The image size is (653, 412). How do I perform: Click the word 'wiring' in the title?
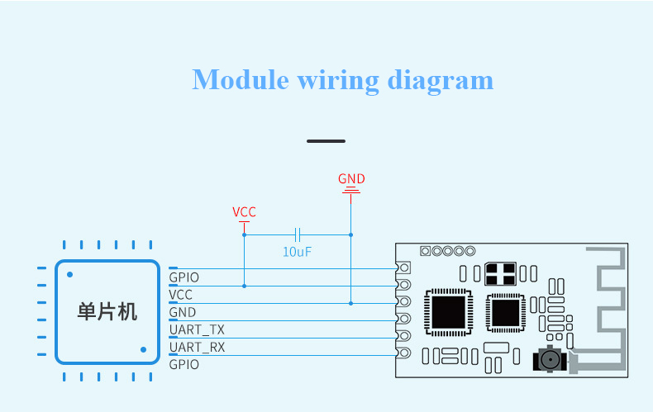338,81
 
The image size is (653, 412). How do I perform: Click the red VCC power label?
244,212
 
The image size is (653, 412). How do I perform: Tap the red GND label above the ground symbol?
351,178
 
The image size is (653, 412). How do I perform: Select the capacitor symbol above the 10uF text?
298,234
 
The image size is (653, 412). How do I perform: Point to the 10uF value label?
297,252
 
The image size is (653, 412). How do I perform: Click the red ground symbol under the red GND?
351,190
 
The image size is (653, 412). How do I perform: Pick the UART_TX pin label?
197,329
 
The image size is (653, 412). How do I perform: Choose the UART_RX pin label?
197,347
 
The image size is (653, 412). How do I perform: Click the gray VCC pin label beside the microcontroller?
181,295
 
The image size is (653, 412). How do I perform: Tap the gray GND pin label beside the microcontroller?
183,312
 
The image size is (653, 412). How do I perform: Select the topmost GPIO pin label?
184,277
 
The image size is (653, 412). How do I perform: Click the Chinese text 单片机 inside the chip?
107,312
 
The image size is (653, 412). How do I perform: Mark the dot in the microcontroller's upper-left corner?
70,275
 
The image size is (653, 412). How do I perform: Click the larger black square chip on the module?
449,312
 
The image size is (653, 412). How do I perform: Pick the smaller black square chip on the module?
506,313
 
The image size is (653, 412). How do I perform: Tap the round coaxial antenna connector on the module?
551,358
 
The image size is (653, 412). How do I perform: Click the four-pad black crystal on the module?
501,273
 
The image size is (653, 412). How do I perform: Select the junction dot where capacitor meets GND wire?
351,234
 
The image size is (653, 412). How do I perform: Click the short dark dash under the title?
326,141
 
